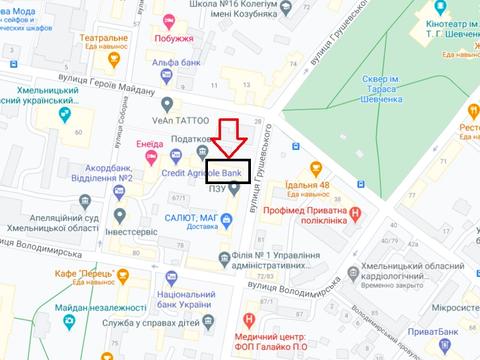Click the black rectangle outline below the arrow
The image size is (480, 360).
pyautogui.click(x=234, y=171)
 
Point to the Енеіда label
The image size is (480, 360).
pyautogui.click(x=151, y=144)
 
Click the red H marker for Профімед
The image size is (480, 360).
pyautogui.click(x=353, y=212)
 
